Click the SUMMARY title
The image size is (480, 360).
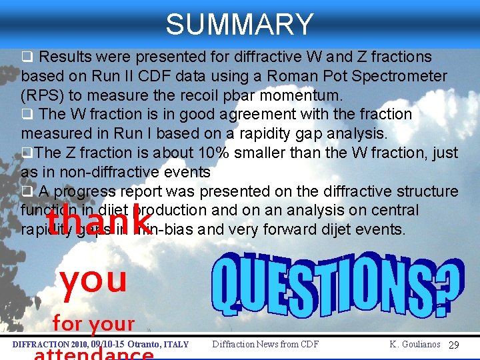click(x=239, y=25)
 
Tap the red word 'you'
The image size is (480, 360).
click(x=93, y=280)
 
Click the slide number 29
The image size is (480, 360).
click(x=454, y=345)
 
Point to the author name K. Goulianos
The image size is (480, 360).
click(x=415, y=345)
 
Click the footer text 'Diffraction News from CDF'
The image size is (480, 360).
click(x=265, y=345)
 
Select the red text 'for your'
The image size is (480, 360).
click(x=93, y=325)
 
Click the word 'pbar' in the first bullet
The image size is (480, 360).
click(x=217, y=95)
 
